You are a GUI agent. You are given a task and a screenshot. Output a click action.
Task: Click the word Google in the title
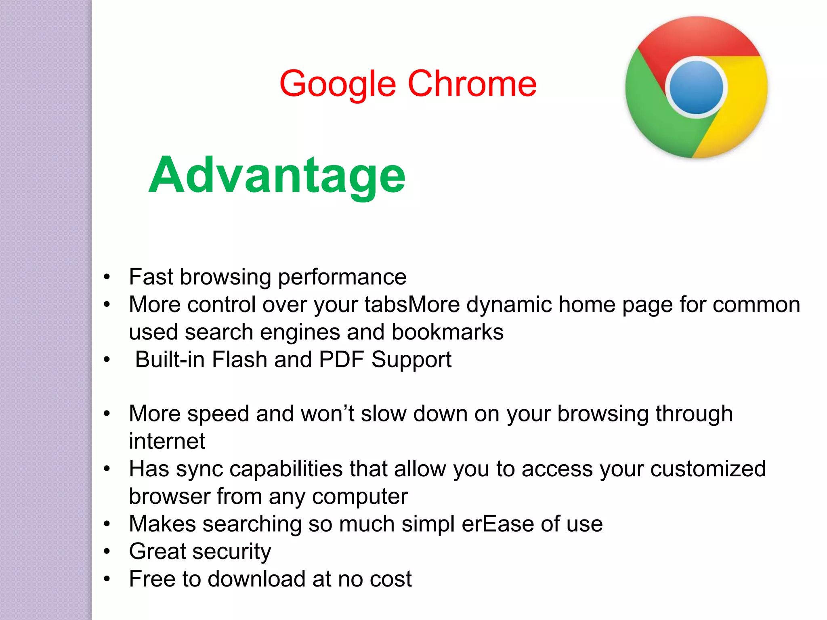pyautogui.click(x=337, y=84)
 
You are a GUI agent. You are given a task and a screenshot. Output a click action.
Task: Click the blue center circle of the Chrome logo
pyautogui.click(x=696, y=88)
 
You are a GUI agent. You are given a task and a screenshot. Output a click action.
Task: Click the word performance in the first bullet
pyautogui.click(x=342, y=277)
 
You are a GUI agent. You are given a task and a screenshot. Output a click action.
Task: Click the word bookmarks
pyautogui.click(x=447, y=332)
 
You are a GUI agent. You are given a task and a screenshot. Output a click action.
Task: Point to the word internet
pyautogui.click(x=167, y=441)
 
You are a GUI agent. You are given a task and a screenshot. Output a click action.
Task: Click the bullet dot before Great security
pyautogui.click(x=107, y=551)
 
